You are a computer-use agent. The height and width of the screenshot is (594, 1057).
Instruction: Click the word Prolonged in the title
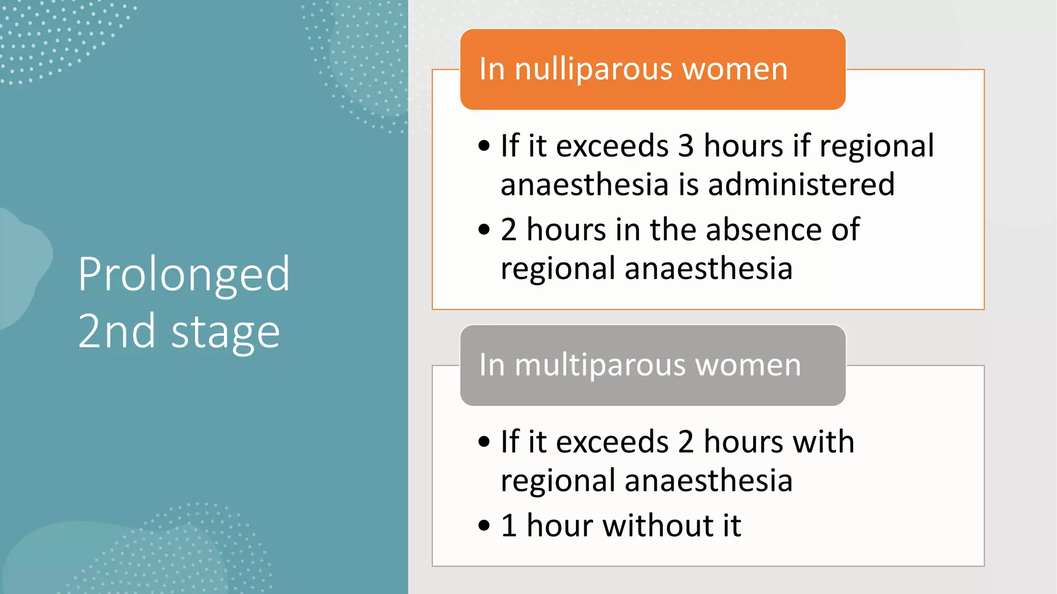pos(184,275)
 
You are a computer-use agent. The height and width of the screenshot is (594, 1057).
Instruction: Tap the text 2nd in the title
pos(117,332)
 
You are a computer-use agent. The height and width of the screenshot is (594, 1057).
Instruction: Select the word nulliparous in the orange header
pos(594,69)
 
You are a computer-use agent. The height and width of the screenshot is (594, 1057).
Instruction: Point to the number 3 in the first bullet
pos(685,146)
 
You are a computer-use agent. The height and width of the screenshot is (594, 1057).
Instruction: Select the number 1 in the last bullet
pos(509,526)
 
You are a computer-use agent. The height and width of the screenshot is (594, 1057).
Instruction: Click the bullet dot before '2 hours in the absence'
pos(484,230)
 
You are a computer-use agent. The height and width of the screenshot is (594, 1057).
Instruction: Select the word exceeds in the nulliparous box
pos(613,146)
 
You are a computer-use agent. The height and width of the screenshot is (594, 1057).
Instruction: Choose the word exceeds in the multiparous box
pos(613,442)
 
